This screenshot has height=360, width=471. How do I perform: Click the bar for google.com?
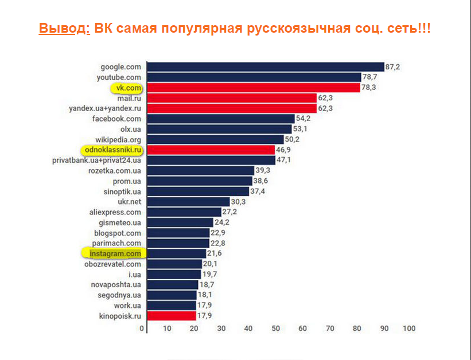265,67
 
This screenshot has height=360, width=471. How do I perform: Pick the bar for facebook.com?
220,119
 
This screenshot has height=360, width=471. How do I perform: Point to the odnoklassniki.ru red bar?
211,150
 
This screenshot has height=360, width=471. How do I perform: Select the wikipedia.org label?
118,139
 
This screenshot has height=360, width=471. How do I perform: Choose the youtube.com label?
119,77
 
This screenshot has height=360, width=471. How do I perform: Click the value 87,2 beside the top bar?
392,67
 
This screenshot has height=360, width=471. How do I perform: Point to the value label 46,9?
284,150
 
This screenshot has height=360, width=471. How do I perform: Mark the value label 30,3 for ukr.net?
238,202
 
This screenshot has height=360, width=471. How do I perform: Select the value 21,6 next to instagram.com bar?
215,253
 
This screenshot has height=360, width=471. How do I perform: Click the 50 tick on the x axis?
276,329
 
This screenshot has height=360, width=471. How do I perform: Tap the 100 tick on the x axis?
408,329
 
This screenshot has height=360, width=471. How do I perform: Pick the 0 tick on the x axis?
142,329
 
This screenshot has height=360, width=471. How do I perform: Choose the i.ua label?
134,274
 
